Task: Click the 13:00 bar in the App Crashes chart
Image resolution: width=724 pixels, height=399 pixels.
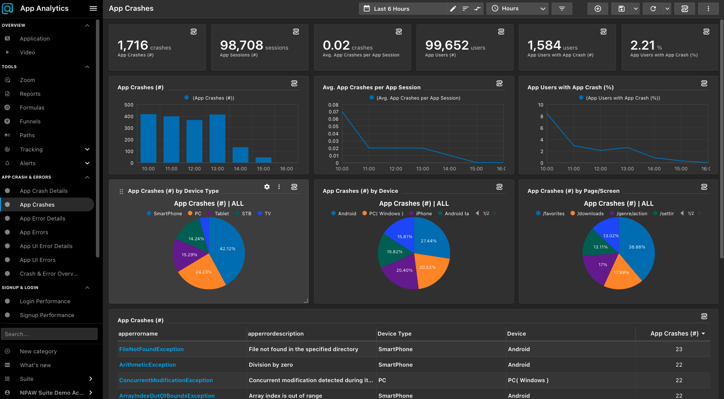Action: click(x=217, y=139)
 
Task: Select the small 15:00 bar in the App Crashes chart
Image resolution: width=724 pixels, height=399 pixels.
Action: click(x=264, y=160)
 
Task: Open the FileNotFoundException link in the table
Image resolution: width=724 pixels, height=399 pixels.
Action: click(x=151, y=349)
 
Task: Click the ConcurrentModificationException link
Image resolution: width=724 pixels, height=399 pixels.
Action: click(x=166, y=380)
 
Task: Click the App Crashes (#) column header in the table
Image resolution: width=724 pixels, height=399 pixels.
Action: click(x=674, y=333)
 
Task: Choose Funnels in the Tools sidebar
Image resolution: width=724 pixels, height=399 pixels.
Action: click(x=30, y=122)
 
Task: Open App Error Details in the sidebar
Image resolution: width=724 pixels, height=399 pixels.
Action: click(x=42, y=219)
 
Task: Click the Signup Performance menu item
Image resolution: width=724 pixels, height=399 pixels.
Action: click(x=47, y=315)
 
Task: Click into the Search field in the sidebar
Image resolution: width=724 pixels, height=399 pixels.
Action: click(x=49, y=334)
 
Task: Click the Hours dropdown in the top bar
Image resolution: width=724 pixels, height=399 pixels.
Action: click(x=518, y=9)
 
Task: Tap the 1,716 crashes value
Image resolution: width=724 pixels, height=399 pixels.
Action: click(x=133, y=45)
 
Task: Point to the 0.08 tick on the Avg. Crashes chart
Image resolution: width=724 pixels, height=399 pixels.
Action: click(x=333, y=105)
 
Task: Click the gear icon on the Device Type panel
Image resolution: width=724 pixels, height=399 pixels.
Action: click(x=267, y=187)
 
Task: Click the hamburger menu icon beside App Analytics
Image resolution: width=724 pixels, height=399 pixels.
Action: click(x=93, y=9)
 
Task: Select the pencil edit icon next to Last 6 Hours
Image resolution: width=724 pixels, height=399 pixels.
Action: click(x=453, y=9)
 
